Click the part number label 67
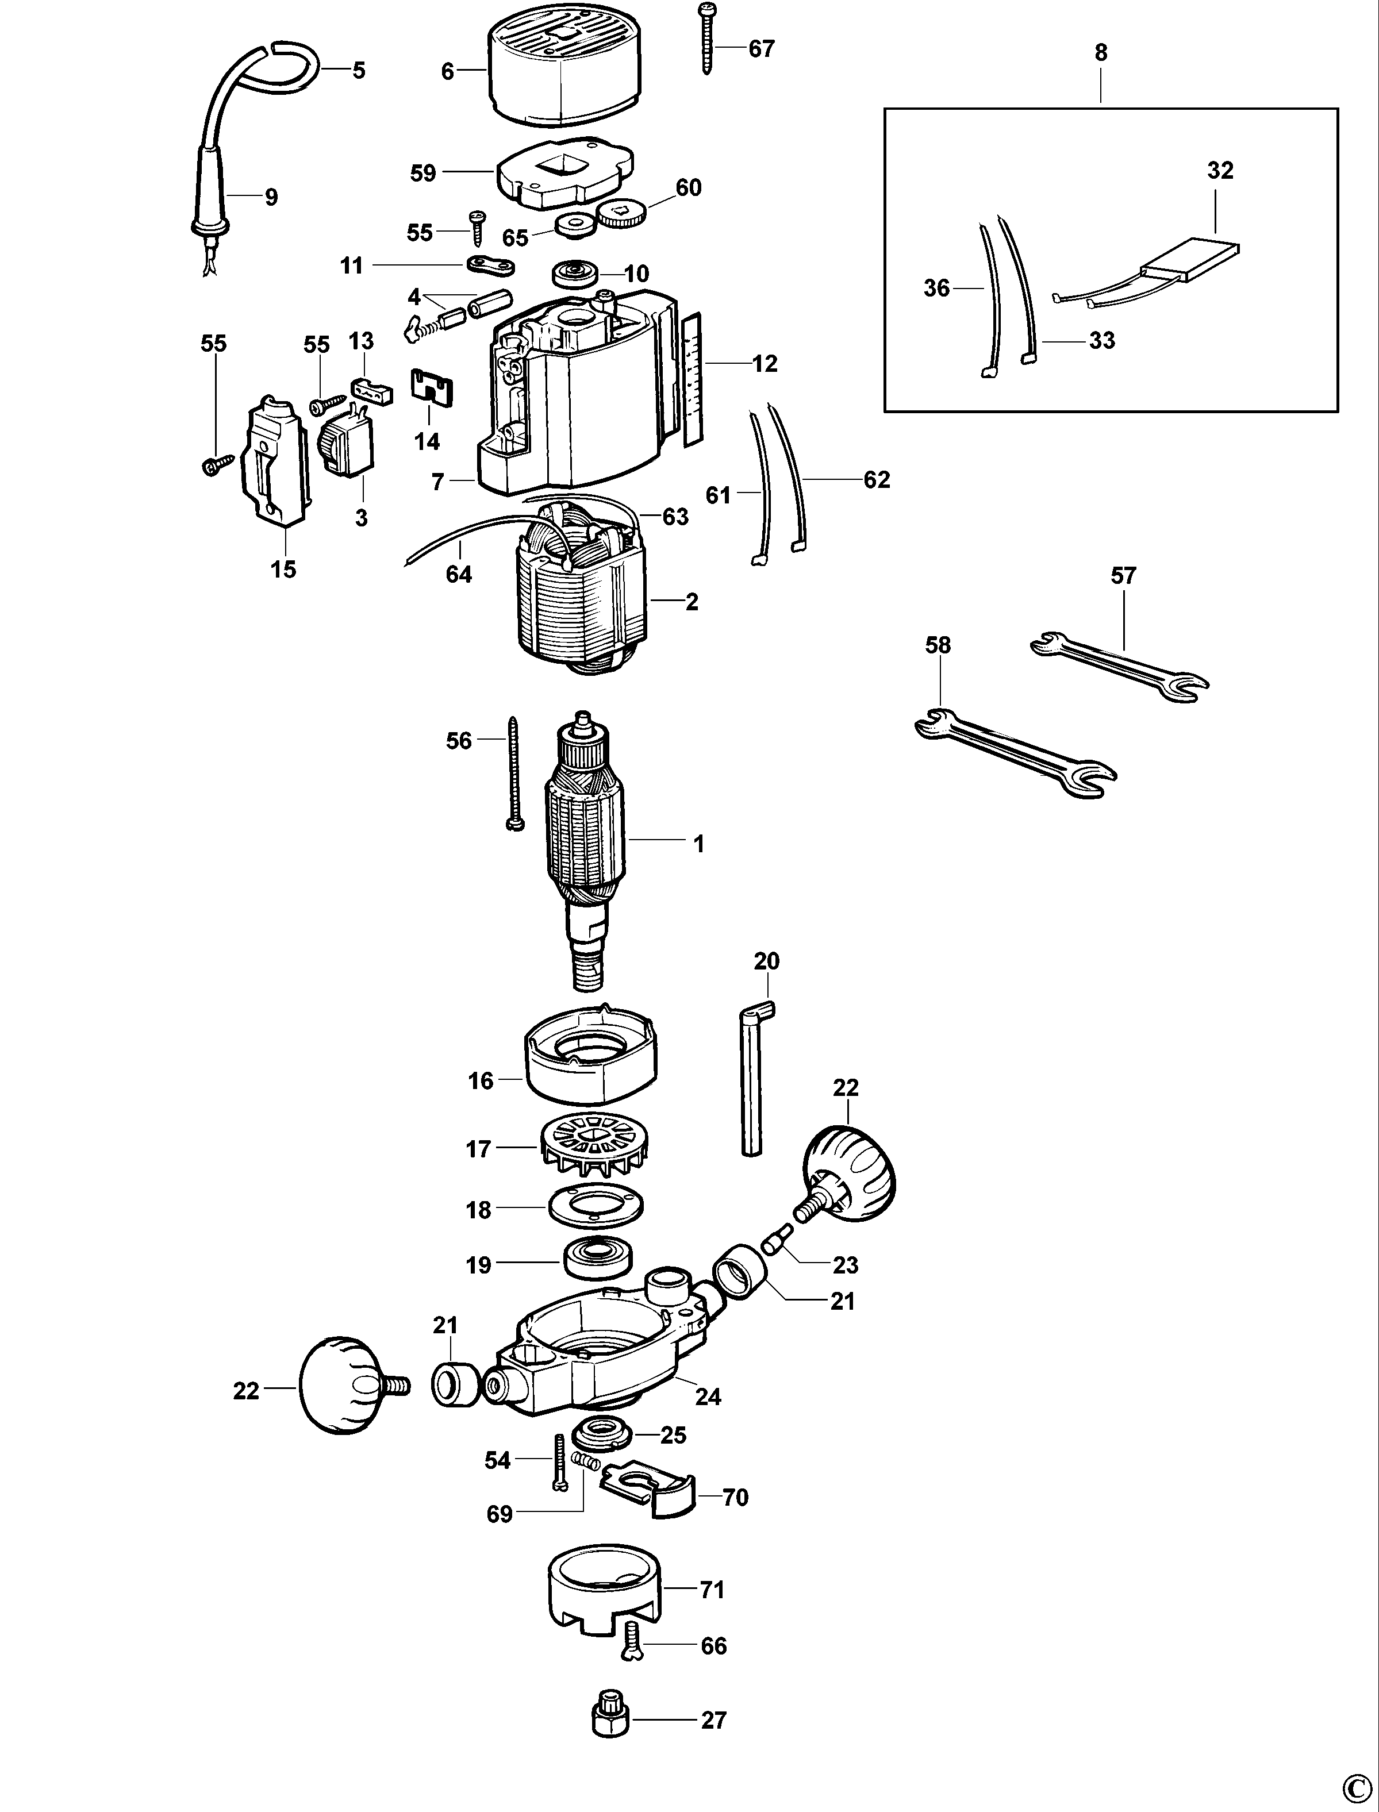(x=761, y=49)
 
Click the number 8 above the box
(x=1101, y=52)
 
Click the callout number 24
(x=708, y=1396)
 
